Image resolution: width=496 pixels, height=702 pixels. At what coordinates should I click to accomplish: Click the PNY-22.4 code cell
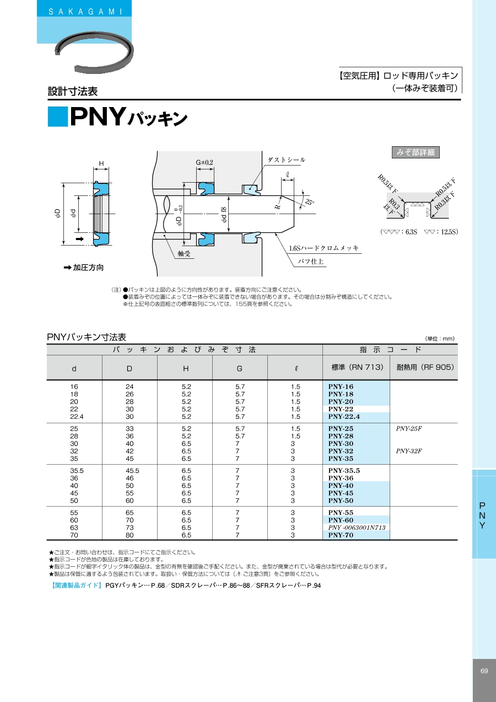(x=344, y=417)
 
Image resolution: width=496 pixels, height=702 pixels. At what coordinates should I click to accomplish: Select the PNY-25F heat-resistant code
(x=408, y=429)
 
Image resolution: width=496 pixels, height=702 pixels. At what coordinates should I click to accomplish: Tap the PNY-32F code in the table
(x=408, y=451)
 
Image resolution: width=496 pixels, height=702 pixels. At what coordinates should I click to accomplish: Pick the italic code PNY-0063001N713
(x=356, y=528)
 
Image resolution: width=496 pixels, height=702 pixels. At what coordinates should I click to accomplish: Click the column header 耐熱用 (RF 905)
(x=423, y=368)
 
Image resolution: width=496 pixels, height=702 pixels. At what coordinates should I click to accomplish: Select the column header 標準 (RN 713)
(x=357, y=368)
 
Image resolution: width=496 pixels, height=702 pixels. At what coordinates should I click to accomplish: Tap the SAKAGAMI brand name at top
(x=85, y=12)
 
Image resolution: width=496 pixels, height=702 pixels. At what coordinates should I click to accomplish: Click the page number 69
(x=484, y=671)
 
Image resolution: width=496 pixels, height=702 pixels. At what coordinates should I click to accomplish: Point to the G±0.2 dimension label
(x=204, y=162)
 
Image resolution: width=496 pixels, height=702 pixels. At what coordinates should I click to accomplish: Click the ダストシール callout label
(x=286, y=159)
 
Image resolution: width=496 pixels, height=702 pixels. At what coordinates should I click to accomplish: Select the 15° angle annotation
(x=310, y=201)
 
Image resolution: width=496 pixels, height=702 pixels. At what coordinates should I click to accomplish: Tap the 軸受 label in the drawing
(x=184, y=253)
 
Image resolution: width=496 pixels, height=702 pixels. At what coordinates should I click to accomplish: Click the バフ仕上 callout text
(x=310, y=262)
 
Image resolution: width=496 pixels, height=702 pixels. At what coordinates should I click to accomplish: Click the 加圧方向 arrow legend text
(x=84, y=268)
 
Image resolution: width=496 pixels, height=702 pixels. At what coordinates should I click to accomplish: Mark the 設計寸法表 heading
(x=73, y=92)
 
